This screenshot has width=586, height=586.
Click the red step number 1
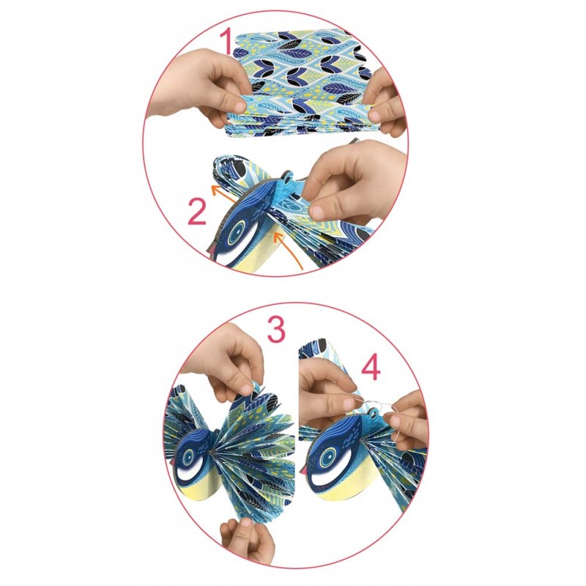click(x=228, y=41)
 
